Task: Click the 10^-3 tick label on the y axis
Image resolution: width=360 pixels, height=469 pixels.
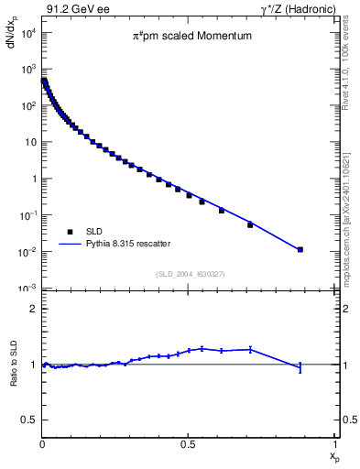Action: (27, 289)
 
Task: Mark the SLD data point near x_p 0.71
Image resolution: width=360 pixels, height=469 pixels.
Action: (250, 224)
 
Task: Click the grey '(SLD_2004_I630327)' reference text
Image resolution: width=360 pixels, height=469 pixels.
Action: (189, 274)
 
